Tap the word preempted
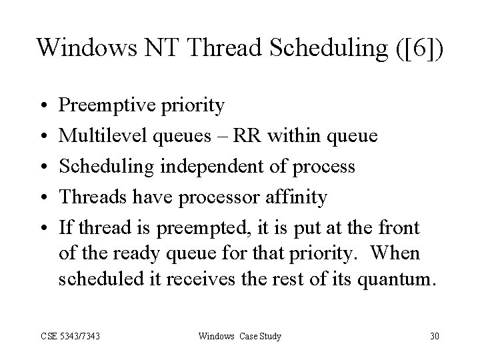(196, 228)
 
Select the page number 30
(434, 335)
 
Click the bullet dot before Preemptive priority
(41, 106)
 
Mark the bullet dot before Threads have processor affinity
(41, 198)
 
